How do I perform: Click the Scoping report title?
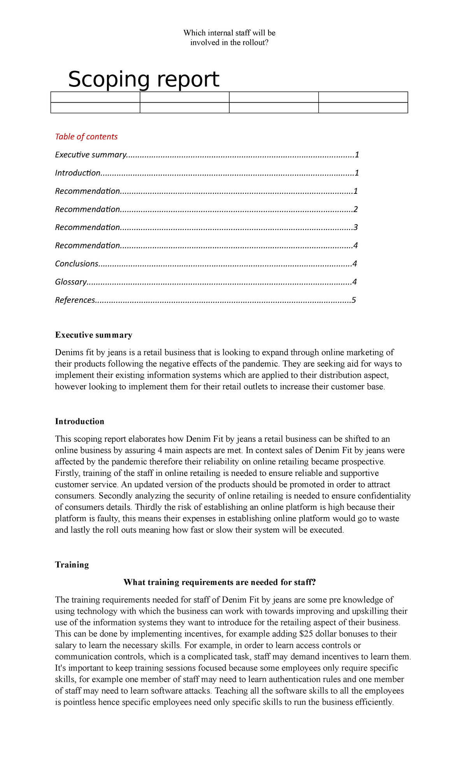pyautogui.click(x=143, y=79)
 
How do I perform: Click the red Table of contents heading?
pyautogui.click(x=86, y=137)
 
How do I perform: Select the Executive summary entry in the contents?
pyautogui.click(x=91, y=155)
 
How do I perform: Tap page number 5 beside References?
pyautogui.click(x=353, y=300)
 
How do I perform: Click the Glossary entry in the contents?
pyautogui.click(x=70, y=282)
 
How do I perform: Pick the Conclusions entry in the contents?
pyautogui.click(x=77, y=264)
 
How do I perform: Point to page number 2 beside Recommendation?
pyautogui.click(x=355, y=209)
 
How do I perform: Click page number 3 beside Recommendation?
pyautogui.click(x=355, y=227)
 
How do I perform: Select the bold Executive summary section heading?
pyautogui.click(x=93, y=335)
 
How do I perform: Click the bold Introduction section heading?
pyautogui.click(x=79, y=421)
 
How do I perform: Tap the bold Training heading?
pyautogui.click(x=72, y=565)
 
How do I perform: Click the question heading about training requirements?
pyautogui.click(x=219, y=582)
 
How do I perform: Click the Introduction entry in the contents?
pyautogui.click(x=78, y=173)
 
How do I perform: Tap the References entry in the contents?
pyautogui.click(x=75, y=300)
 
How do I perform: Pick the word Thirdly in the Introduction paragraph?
pyautogui.click(x=149, y=507)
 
